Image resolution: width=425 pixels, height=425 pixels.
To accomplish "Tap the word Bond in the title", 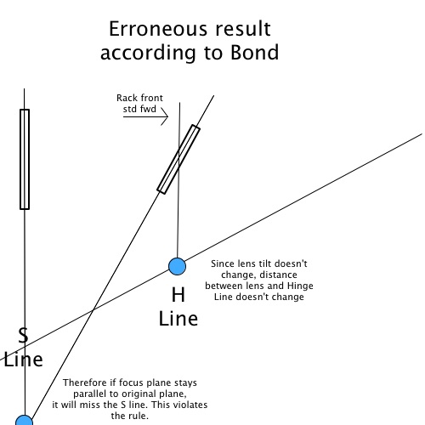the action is [x=255, y=53].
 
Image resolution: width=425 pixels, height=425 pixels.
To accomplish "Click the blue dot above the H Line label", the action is [x=177, y=266].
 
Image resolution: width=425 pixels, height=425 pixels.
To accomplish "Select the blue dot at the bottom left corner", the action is [x=25, y=421].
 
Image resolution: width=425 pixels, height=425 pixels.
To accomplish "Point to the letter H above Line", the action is [x=178, y=295].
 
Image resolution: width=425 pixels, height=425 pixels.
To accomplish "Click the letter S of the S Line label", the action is [x=23, y=335].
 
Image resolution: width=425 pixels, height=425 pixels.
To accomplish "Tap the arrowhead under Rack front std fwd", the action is [x=165, y=116].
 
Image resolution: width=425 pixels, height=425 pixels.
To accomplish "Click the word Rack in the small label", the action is [x=126, y=98].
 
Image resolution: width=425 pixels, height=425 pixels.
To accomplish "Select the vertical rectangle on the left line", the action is [x=25, y=159].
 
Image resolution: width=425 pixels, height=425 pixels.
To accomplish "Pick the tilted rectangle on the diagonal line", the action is [x=178, y=159].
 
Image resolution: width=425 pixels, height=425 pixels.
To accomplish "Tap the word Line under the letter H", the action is [x=178, y=319].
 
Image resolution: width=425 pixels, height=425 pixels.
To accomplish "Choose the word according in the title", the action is [x=148, y=54].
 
